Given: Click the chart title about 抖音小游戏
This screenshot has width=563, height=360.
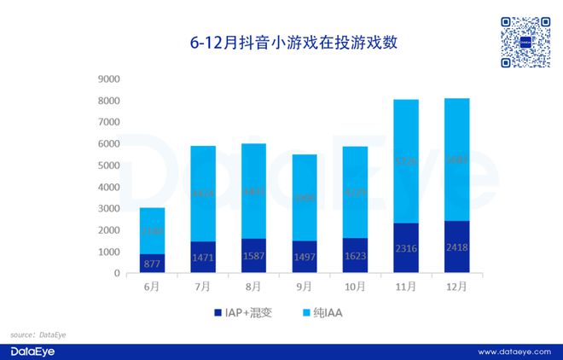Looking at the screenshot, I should click(x=281, y=42).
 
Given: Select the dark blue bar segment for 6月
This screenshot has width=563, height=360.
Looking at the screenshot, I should click(x=152, y=264).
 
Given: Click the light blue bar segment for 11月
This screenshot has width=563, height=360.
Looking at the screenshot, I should click(x=406, y=161).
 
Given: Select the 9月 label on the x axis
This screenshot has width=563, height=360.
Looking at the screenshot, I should click(x=305, y=287).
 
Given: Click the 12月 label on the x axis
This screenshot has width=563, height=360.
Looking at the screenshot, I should click(x=457, y=287).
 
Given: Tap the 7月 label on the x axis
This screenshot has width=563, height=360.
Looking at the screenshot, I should click(x=203, y=287).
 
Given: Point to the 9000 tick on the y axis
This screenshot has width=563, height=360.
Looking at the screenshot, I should click(x=110, y=79).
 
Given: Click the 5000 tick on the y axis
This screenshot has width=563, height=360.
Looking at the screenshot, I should click(x=110, y=165).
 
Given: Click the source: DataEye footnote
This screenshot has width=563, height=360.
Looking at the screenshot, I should click(x=38, y=335).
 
